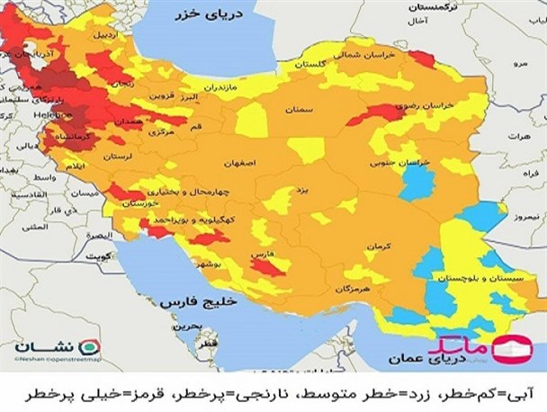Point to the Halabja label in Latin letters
click(49, 115)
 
